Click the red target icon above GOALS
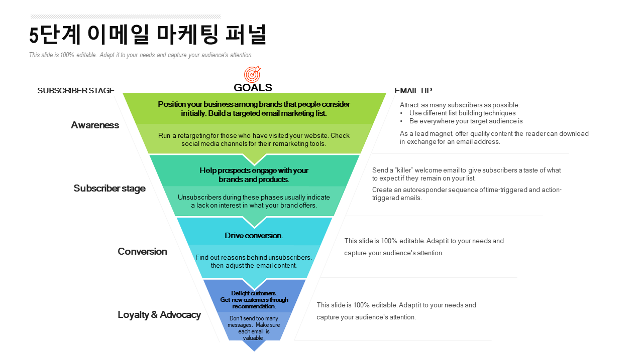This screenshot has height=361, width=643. pos(252,74)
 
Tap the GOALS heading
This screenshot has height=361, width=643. pos(253,87)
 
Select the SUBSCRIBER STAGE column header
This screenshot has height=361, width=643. pos(76,91)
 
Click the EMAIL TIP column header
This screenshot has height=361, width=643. pos(413,91)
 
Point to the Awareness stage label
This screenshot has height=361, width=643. pos(95,125)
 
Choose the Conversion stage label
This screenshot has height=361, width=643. pos(142,252)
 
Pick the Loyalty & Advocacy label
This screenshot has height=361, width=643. pos(159,315)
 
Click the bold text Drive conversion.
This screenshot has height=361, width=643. pos(254,236)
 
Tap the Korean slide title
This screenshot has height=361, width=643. pos(148,35)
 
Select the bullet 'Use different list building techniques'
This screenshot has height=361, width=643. pos(462,113)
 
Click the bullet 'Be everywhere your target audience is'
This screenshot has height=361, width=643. pos(466,121)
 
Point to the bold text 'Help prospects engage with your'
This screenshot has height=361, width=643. pos(254,170)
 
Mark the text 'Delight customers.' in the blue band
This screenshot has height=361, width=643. pos(254,293)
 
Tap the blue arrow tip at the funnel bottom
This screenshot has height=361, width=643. pos(254,347)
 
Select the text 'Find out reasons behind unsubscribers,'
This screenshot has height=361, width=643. pos(254,258)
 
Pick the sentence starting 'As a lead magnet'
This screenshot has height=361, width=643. pos(494,134)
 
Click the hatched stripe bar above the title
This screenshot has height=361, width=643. pos(125,17)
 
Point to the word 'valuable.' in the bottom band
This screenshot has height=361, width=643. pos(254,338)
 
